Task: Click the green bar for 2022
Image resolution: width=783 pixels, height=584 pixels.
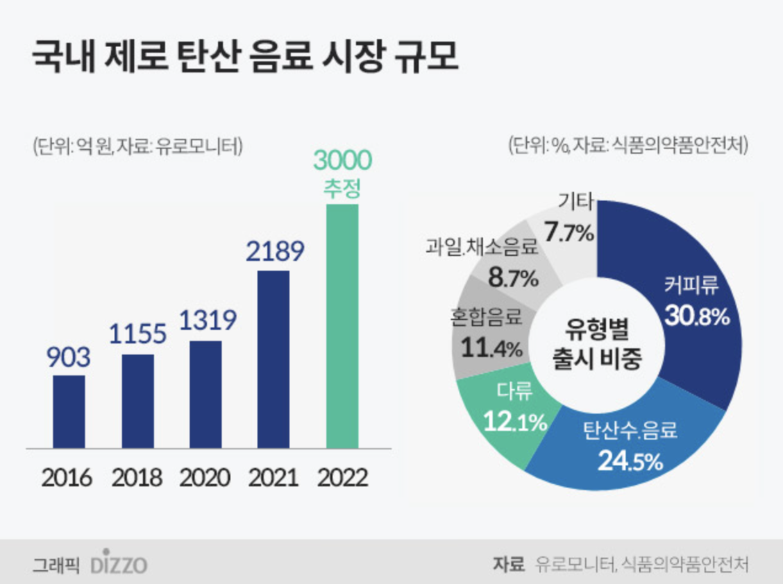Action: click(342, 326)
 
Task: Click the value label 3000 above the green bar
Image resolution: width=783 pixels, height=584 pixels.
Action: click(342, 161)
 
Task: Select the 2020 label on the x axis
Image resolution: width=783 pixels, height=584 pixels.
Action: click(205, 478)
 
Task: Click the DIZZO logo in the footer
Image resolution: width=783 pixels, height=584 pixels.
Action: click(119, 564)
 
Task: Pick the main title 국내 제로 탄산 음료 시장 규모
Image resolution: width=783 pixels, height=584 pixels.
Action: click(245, 58)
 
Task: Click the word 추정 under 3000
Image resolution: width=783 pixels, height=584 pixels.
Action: click(342, 189)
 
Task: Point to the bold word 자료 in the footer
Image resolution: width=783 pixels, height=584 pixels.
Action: click(507, 564)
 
